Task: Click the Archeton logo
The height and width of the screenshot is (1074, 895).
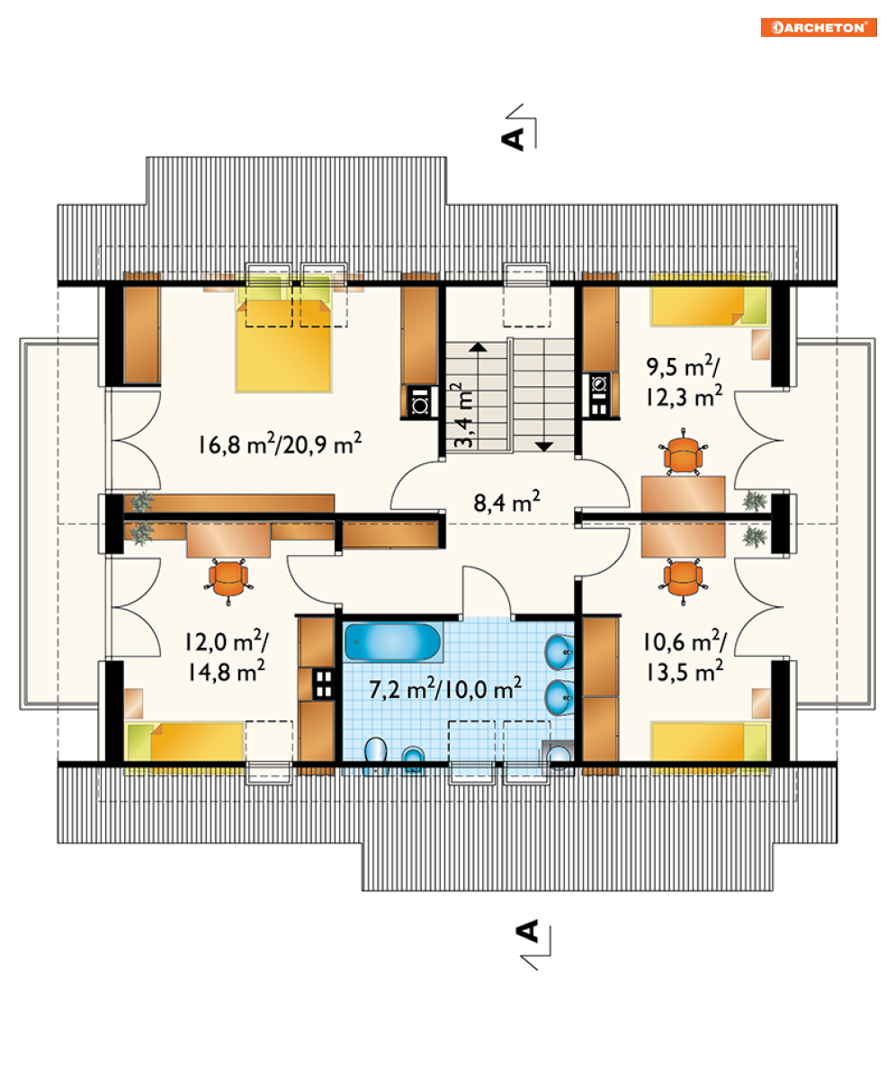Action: pyautogui.click(x=819, y=27)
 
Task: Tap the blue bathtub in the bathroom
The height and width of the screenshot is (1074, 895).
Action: pyautogui.click(x=392, y=642)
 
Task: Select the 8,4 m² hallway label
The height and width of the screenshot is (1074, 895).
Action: pyautogui.click(x=506, y=502)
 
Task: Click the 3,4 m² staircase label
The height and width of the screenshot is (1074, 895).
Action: pyautogui.click(x=463, y=415)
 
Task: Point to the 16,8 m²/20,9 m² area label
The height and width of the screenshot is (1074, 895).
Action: pyautogui.click(x=280, y=443)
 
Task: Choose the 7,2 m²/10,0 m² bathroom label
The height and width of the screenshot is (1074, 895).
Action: pyautogui.click(x=446, y=688)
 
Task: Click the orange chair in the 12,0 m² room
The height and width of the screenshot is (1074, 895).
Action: pyautogui.click(x=228, y=581)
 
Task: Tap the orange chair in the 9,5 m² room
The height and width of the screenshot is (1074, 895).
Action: pyautogui.click(x=684, y=452)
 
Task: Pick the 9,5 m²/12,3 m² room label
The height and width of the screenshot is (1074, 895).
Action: pyautogui.click(x=685, y=380)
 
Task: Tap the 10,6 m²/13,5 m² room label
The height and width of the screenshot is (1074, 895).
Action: pyautogui.click(x=685, y=656)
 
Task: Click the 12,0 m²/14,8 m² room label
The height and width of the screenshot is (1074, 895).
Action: pyautogui.click(x=227, y=656)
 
